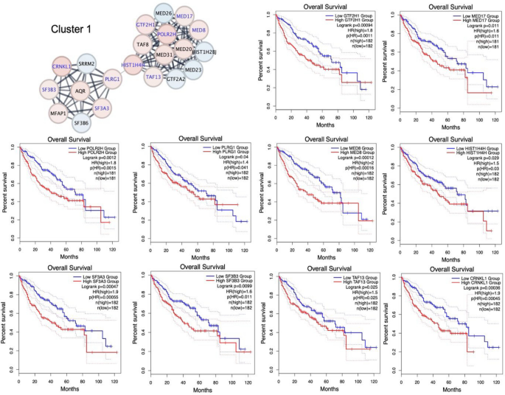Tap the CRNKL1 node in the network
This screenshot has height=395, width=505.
click(x=62, y=66)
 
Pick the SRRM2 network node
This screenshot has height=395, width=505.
click(x=88, y=65)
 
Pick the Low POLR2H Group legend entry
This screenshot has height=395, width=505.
click(x=89, y=147)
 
